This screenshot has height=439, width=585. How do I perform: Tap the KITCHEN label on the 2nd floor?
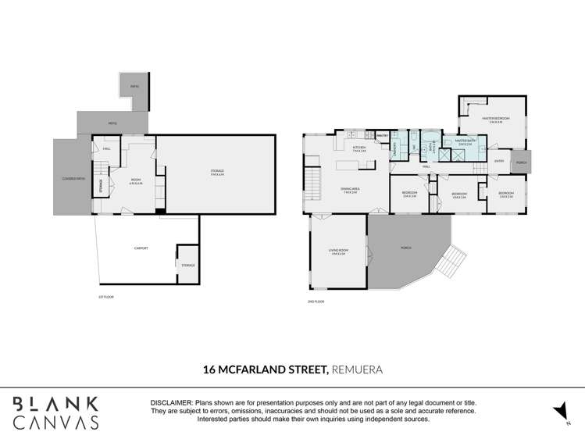(360, 148)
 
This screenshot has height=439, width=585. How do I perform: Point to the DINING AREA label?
(349, 189)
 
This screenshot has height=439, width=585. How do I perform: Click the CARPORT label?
(141, 248)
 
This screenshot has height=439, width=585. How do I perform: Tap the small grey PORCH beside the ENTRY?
(521, 162)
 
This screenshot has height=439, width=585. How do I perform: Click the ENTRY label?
(499, 162)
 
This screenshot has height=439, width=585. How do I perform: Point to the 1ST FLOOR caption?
(106, 297)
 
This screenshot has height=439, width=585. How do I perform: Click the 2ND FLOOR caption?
(316, 301)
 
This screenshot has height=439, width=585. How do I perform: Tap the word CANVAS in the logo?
(56, 422)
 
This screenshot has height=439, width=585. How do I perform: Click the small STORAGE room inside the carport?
(188, 265)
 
